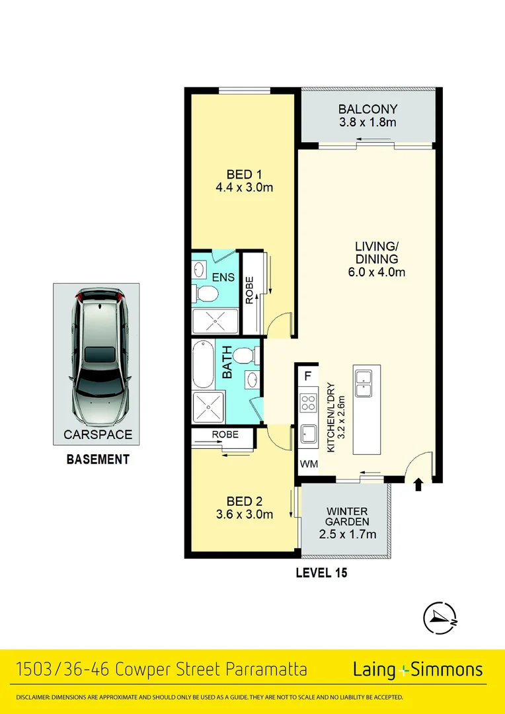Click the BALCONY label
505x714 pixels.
click(368, 109)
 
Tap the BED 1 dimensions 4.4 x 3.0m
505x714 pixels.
click(244, 188)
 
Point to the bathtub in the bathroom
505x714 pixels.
click(201, 364)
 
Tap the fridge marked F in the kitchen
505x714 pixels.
click(307, 377)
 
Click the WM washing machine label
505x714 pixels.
click(308, 465)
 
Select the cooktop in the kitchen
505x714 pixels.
click(308, 403)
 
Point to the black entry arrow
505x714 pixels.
click(418, 486)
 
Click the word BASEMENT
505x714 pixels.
click(98, 459)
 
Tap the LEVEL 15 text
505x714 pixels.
click(321, 573)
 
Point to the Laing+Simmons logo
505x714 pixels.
click(418, 670)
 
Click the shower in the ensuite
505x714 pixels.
click(215, 321)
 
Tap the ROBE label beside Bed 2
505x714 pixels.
click(224, 435)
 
